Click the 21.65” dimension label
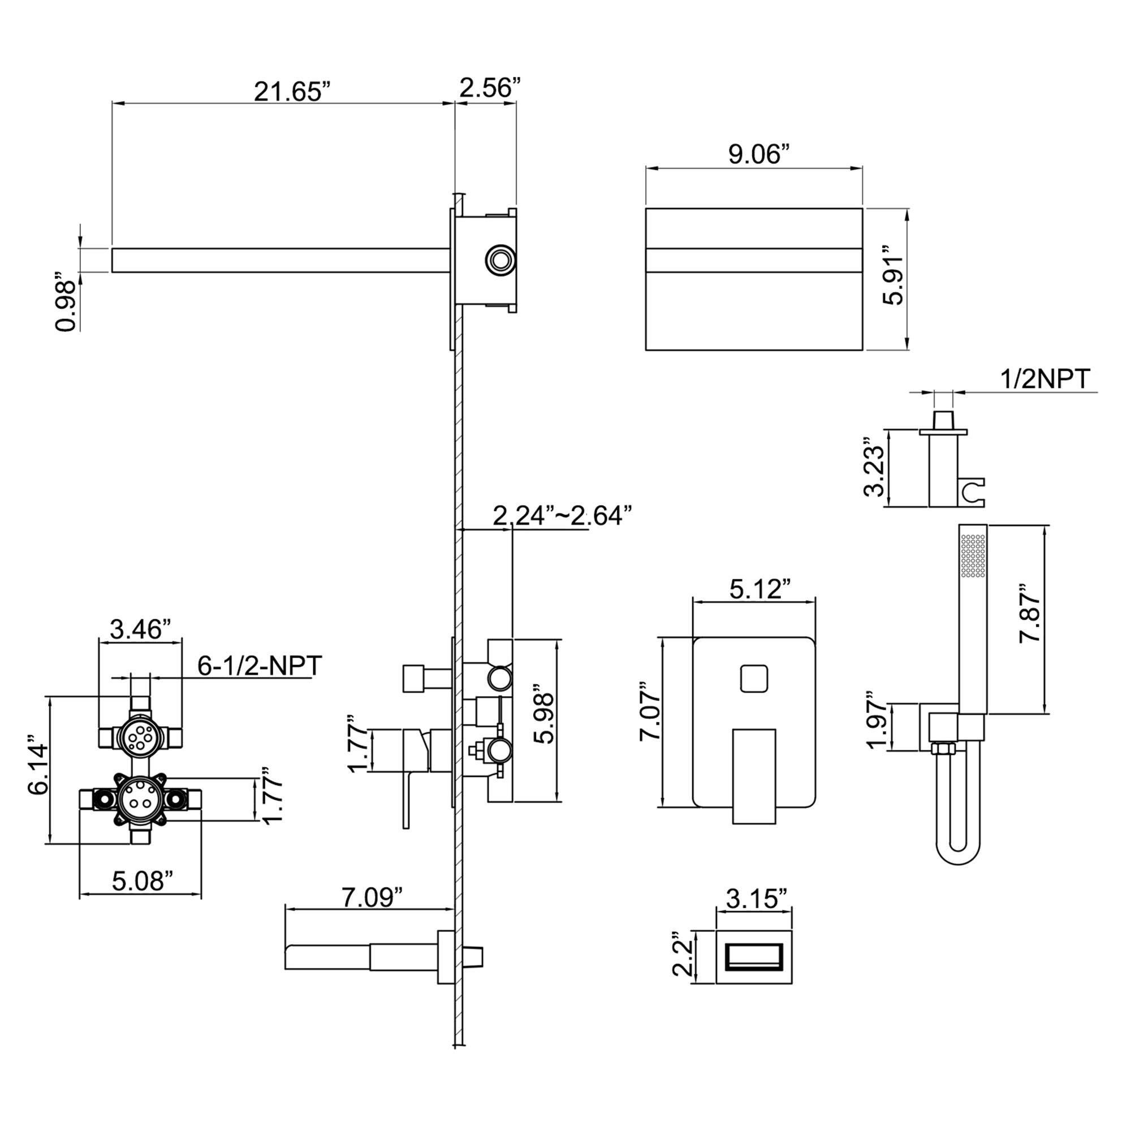(x=292, y=92)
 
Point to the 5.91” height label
(x=894, y=280)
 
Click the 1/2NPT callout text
(x=1044, y=379)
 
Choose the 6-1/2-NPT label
(x=260, y=666)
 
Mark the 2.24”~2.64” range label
(x=562, y=516)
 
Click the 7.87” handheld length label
(x=1030, y=613)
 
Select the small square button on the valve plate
(x=754, y=679)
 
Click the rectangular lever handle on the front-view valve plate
(x=754, y=775)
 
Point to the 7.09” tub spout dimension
(x=372, y=896)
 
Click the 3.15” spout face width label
(x=756, y=898)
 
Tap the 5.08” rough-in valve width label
(x=143, y=881)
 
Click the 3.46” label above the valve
(x=140, y=629)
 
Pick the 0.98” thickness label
(x=66, y=301)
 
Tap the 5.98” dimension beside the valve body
(x=545, y=718)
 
